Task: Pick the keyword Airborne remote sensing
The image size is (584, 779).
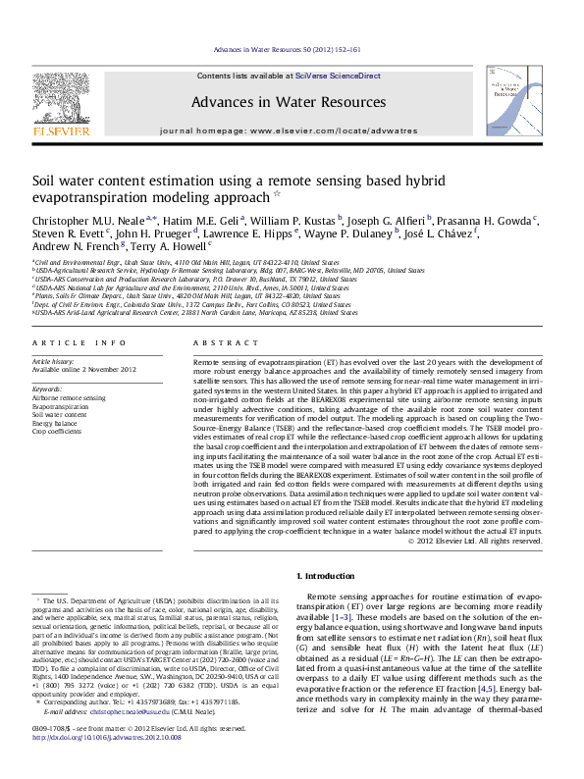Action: pyautogui.click(x=69, y=398)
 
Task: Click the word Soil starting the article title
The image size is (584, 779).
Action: pyautogui.click(x=46, y=181)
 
